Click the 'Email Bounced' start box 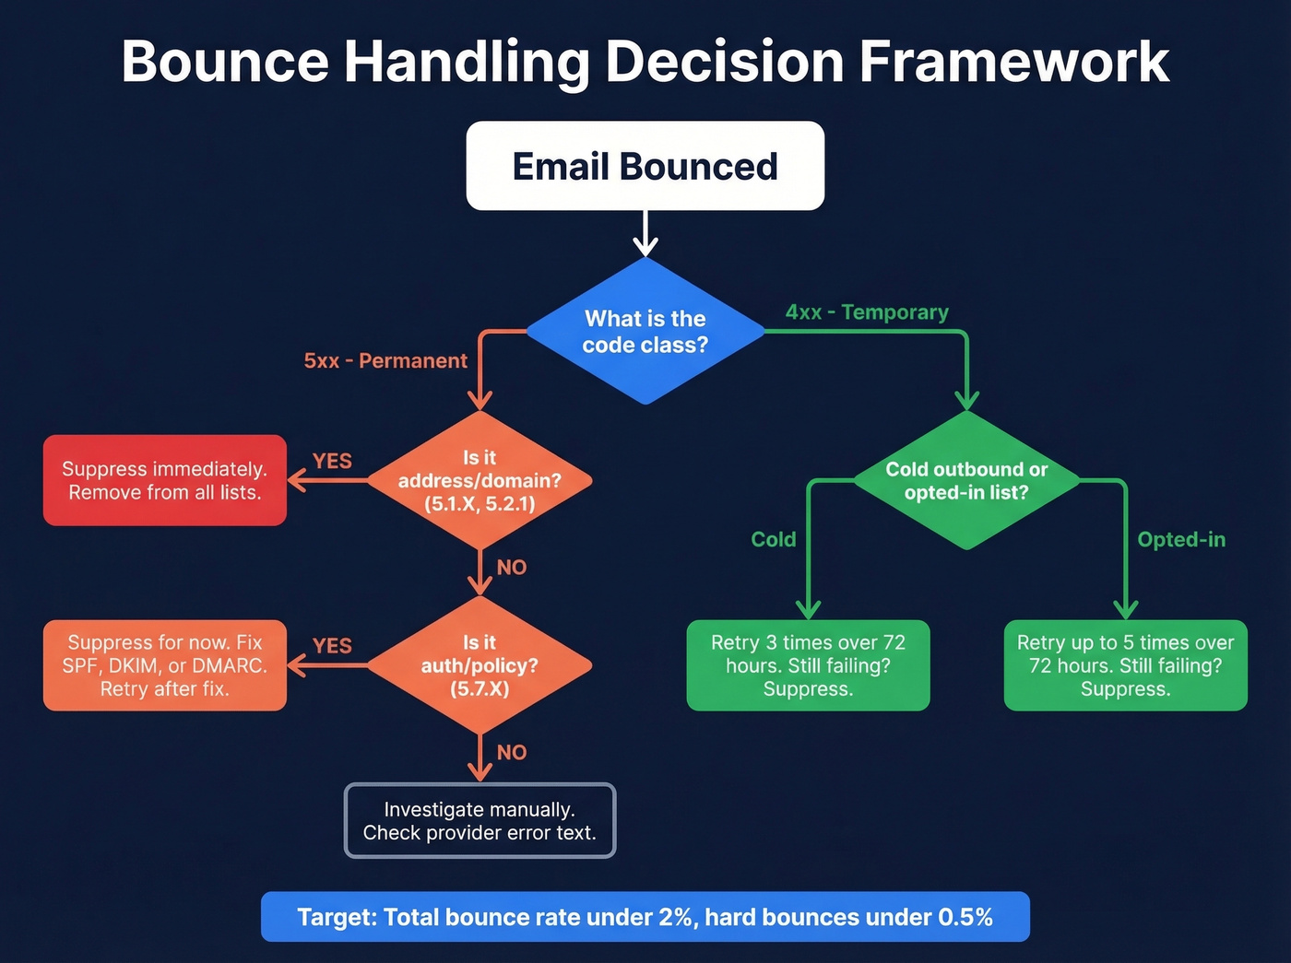[645, 166]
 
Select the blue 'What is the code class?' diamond [645, 331]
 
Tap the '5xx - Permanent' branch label [385, 360]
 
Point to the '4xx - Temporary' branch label [867, 312]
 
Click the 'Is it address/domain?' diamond [480, 480]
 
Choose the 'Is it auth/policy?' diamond [480, 665]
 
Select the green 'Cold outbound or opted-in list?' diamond [966, 480]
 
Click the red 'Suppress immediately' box [165, 480]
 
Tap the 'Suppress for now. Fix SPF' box [165, 665]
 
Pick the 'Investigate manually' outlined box [480, 820]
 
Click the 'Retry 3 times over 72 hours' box [808, 665]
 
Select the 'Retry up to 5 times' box [1125, 665]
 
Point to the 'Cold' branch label [773, 539]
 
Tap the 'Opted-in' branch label [1181, 539]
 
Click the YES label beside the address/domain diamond [332, 461]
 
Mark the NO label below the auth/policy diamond [512, 752]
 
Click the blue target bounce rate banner [645, 917]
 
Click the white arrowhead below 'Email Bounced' [645, 247]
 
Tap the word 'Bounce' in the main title [224, 62]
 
